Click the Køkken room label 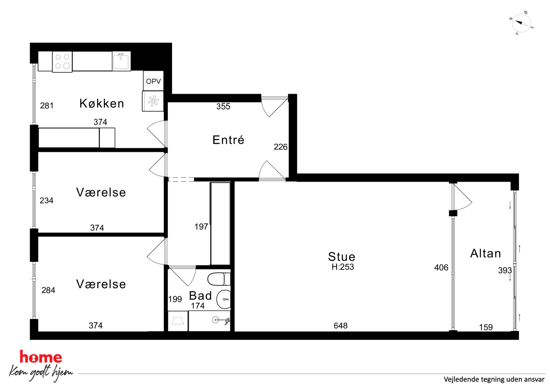pos(102,103)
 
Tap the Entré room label pos(228,140)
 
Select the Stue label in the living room pos(342,257)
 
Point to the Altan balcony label pos(486,253)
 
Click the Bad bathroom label pos(200,296)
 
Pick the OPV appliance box pos(153,81)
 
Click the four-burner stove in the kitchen pos(62,62)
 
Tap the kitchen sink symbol pos(121,61)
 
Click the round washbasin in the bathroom pos(224,299)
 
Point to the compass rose pos(521,23)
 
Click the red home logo pos(41,357)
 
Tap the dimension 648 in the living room pos(340,326)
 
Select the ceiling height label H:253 pos(343,267)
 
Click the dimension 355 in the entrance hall pos(223,106)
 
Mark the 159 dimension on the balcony pos(486,327)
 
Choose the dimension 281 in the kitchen pos(47,106)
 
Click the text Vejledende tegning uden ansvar pos(494,379)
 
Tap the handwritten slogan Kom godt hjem pos(41,372)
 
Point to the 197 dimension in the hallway pos(201,227)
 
